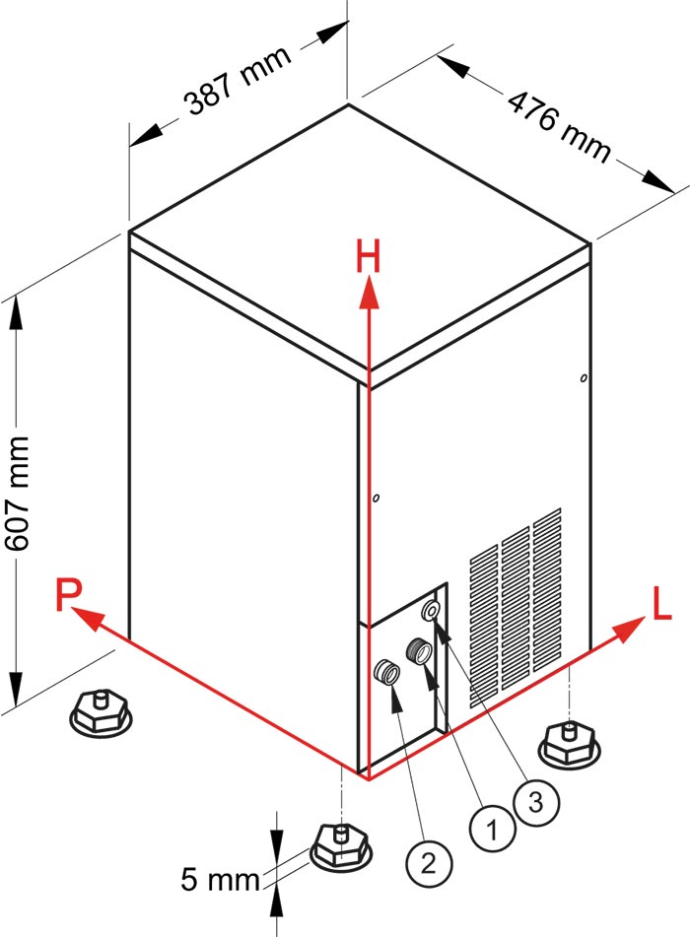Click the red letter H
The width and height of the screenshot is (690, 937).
[x=368, y=258]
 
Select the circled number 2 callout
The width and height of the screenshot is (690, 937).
[x=428, y=864]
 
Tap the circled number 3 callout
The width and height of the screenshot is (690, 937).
[x=535, y=803]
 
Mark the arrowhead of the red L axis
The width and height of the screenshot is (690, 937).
[x=630, y=630]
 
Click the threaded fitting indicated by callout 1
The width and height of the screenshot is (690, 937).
[x=418, y=651]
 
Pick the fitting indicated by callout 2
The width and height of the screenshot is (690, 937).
[x=385, y=674]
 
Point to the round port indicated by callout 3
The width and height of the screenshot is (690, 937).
[x=432, y=611]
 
